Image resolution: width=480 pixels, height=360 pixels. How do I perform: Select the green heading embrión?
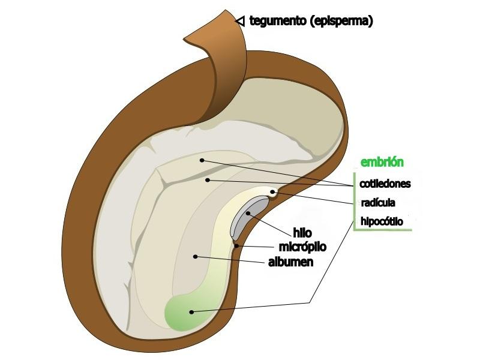click(382, 162)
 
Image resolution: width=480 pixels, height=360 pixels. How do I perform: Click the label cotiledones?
click(386, 183)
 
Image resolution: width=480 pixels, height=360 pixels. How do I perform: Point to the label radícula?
click(378, 202)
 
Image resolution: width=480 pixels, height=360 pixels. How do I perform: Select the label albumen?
click(290, 262)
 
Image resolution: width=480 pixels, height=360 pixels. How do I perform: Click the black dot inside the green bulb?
click(191, 311)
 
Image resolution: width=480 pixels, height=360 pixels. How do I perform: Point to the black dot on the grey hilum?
click(247, 213)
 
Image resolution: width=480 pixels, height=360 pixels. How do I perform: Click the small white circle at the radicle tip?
click(273, 193)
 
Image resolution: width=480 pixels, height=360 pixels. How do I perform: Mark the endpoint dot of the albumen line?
click(196, 257)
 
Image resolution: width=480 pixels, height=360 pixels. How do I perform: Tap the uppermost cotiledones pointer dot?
click(202, 160)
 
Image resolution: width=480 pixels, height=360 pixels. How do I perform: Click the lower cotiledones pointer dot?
click(207, 179)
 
